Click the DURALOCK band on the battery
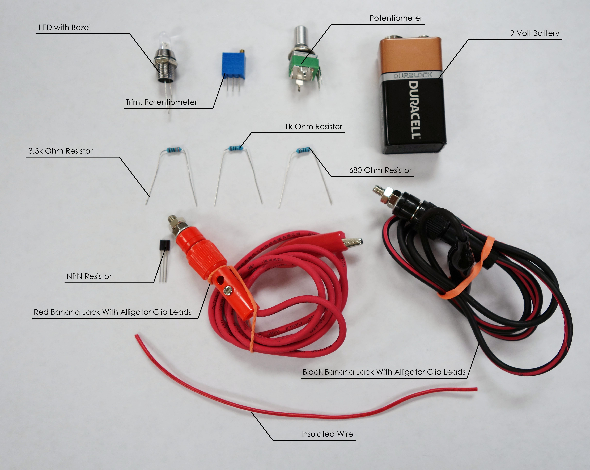click(x=413, y=75)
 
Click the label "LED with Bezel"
click(x=65, y=27)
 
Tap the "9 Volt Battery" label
click(x=534, y=33)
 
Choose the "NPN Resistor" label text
click(x=89, y=276)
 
